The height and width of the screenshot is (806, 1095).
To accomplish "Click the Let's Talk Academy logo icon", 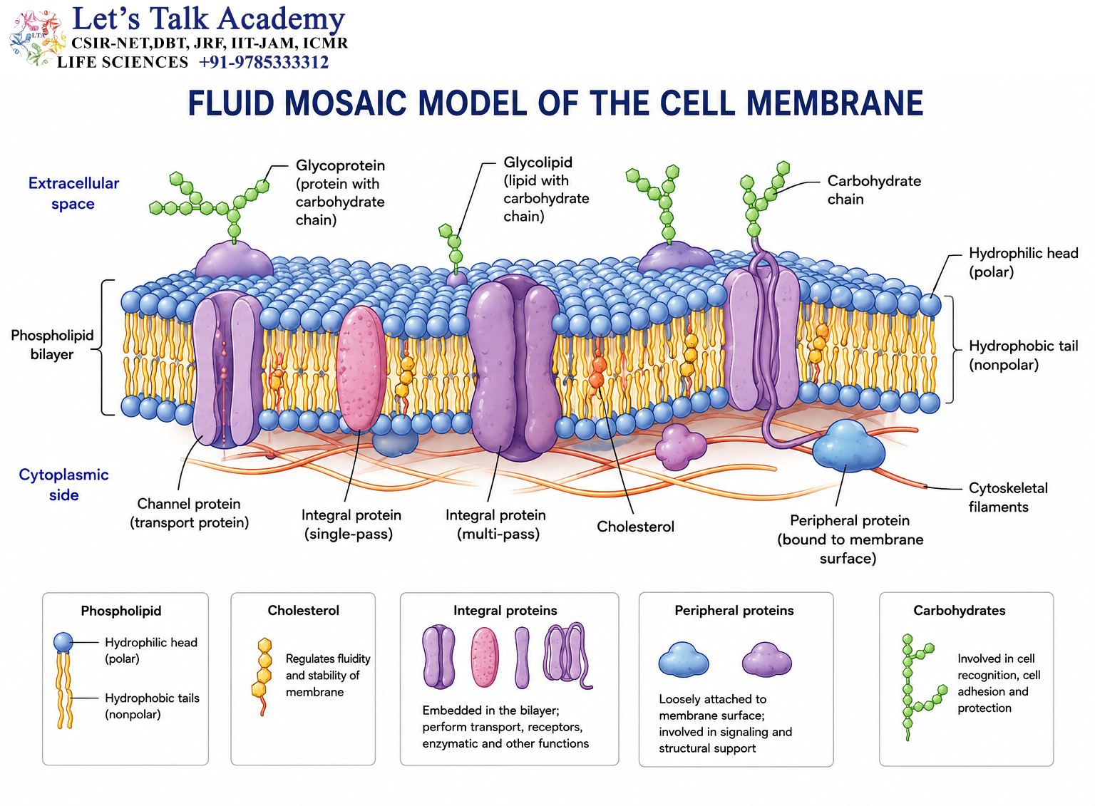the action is pos(37,37).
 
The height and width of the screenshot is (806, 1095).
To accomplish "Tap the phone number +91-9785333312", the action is pos(264,62).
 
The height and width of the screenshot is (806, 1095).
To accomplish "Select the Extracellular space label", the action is pos(73,193).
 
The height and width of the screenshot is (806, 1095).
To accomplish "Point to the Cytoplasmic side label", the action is pos(63,485).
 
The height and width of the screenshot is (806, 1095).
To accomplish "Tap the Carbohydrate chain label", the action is pos(874,190).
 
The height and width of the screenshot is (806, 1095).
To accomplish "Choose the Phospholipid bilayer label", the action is pos(52,345).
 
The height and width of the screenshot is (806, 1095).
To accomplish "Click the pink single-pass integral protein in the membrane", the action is pos(361,368).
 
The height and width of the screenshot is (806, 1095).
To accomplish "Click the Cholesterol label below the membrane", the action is pos(635,527).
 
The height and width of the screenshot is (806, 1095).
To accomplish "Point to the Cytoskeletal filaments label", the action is pos(1008,497).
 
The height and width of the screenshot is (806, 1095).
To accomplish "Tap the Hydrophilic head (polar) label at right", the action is pos(1023,262).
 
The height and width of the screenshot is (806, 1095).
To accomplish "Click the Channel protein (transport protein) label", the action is pos(189,513).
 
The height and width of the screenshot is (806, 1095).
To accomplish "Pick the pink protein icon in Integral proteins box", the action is pos(485,657).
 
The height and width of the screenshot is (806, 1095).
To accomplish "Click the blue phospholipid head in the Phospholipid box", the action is pos(63,642).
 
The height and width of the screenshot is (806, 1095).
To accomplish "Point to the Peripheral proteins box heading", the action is pos(734,611).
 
